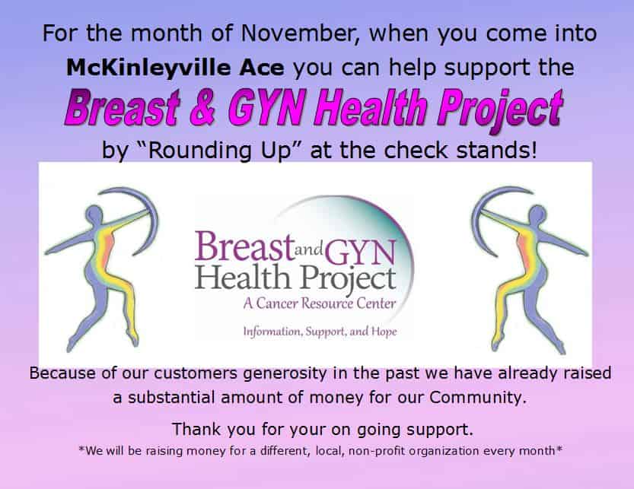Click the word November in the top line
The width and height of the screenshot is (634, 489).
coord(298,33)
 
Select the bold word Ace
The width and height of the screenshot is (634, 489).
coord(261,68)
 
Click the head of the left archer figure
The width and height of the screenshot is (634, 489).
coord(94,213)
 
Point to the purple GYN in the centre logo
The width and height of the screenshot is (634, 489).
coord(360,251)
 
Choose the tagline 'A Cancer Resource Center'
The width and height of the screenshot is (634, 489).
coord(320,303)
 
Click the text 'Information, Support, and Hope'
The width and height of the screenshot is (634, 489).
coord(320,332)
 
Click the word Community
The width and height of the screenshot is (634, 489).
coord(478,397)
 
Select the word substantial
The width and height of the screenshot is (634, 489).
coord(171,397)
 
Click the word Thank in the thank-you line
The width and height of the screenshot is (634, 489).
coord(197,429)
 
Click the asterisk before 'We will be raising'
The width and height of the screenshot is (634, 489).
coord(81,448)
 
